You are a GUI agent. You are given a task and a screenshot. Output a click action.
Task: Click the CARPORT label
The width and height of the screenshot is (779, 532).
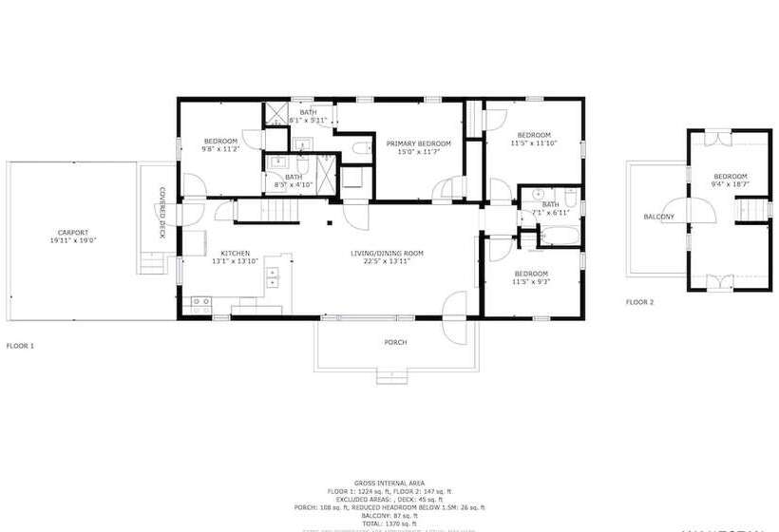[x=72, y=232]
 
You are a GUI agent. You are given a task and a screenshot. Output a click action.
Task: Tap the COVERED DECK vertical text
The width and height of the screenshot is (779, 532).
[x=162, y=213]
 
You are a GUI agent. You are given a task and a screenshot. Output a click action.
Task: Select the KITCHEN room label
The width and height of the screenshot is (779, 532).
[x=235, y=253]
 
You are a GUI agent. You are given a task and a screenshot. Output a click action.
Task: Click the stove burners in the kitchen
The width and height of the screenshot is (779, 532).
[x=201, y=304]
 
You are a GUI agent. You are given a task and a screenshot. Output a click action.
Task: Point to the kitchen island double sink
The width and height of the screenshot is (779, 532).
[x=273, y=276]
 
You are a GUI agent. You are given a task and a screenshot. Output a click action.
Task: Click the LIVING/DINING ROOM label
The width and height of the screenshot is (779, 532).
[x=387, y=253]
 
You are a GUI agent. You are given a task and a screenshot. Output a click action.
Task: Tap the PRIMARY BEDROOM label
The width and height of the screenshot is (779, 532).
[x=418, y=142]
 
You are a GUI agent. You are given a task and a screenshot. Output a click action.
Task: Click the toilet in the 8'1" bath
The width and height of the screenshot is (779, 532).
[x=362, y=148]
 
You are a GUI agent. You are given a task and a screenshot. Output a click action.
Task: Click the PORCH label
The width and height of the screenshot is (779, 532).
[x=395, y=342]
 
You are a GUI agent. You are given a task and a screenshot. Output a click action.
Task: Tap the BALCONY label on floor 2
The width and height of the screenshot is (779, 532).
[x=658, y=217]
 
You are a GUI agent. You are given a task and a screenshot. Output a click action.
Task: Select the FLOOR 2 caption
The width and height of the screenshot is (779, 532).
[x=639, y=302]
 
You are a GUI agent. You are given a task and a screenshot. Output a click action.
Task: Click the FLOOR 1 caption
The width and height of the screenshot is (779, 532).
[x=20, y=346]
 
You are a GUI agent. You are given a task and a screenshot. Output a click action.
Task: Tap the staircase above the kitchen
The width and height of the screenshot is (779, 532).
[x=278, y=210]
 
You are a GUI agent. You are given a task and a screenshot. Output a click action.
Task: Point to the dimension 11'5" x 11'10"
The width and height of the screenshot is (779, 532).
[x=533, y=143]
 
